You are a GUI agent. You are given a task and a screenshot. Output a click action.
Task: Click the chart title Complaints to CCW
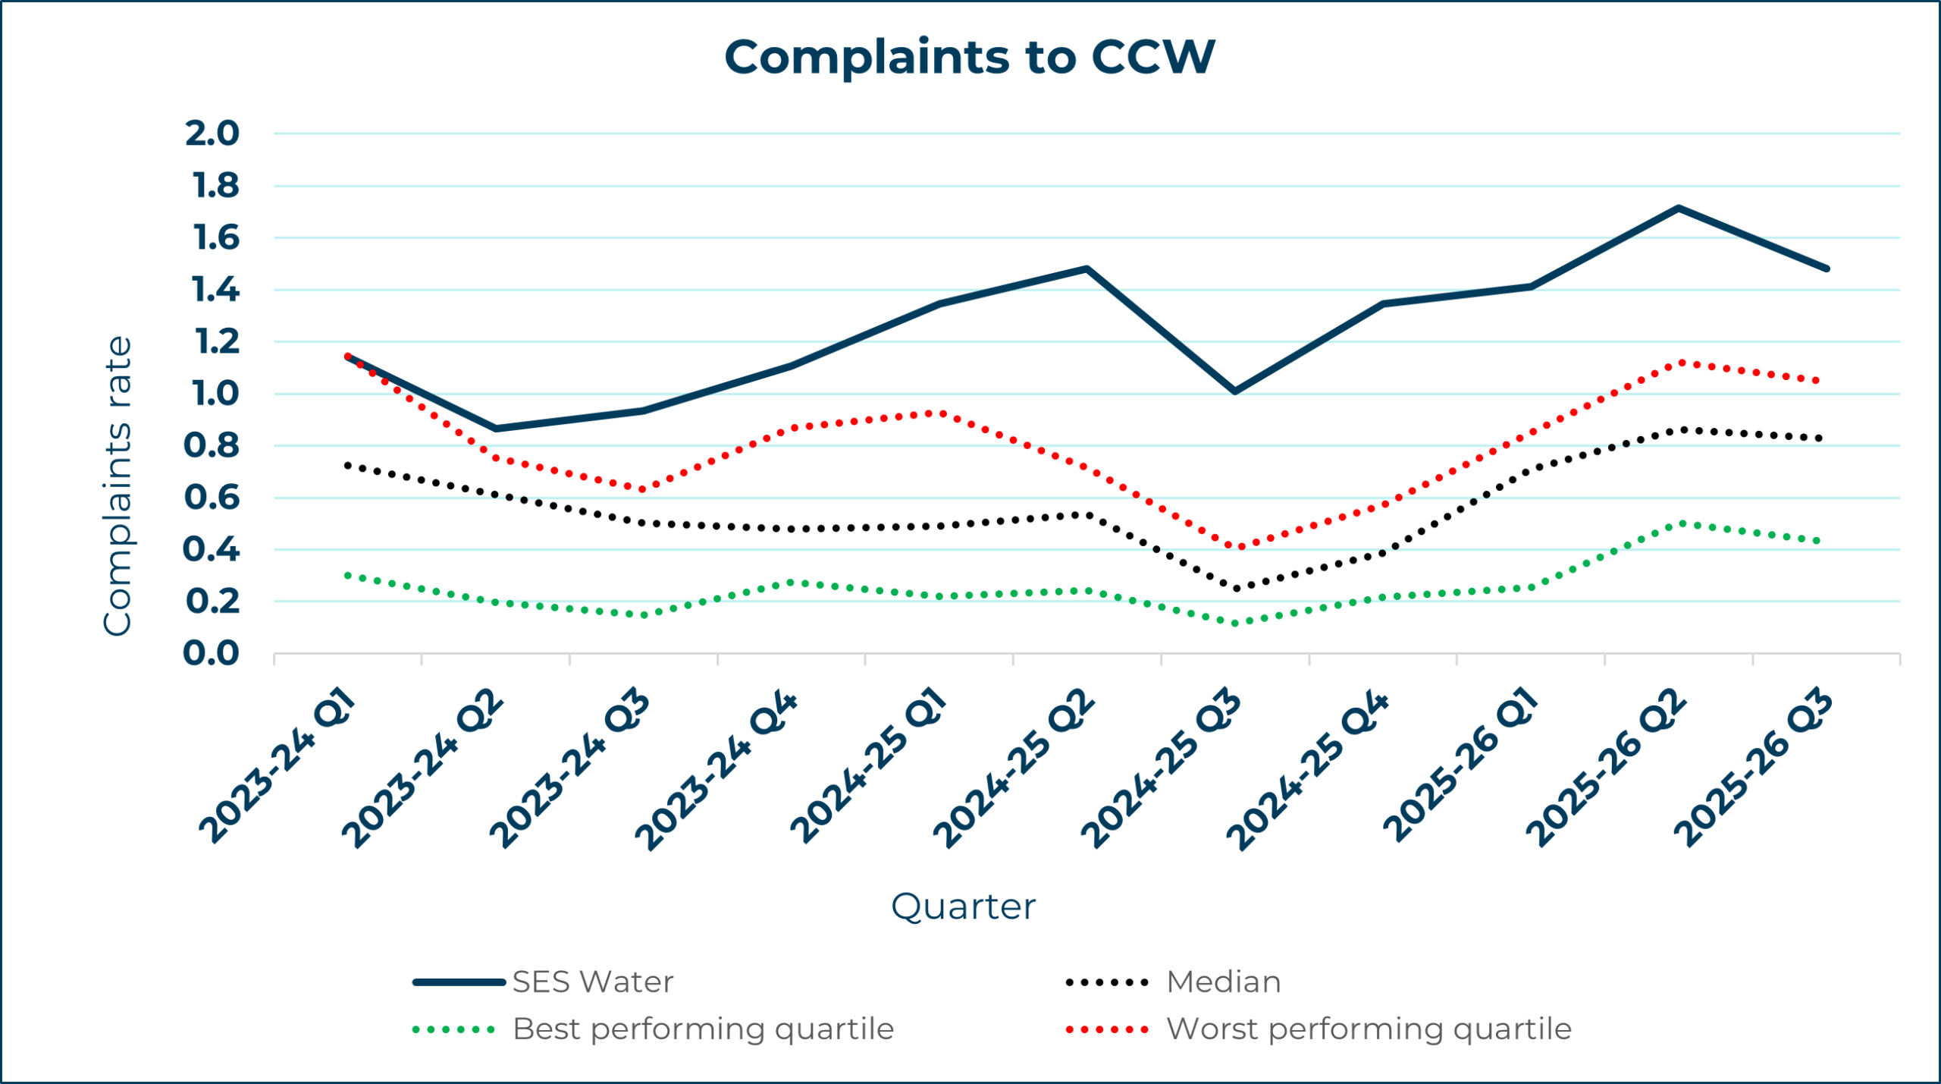tap(969, 58)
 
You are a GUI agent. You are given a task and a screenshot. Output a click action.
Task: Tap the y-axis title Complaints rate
tap(118, 486)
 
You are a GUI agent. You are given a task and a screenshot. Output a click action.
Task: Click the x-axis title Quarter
tap(963, 906)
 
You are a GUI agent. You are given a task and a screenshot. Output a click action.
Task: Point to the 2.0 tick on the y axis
tap(212, 134)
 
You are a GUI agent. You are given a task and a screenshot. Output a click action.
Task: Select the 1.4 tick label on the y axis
tap(215, 290)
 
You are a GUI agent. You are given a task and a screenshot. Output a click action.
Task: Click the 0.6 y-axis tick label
tap(212, 498)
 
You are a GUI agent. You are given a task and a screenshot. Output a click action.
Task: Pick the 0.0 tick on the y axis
tap(212, 653)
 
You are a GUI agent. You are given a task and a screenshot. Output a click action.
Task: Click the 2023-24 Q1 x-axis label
tap(278, 766)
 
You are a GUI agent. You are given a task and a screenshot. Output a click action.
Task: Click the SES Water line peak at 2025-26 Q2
tap(1679, 208)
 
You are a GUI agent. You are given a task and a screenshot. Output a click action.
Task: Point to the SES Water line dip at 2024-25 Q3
tap(1235, 391)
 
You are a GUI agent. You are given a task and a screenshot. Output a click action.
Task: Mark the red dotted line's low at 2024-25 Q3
tap(1235, 546)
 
